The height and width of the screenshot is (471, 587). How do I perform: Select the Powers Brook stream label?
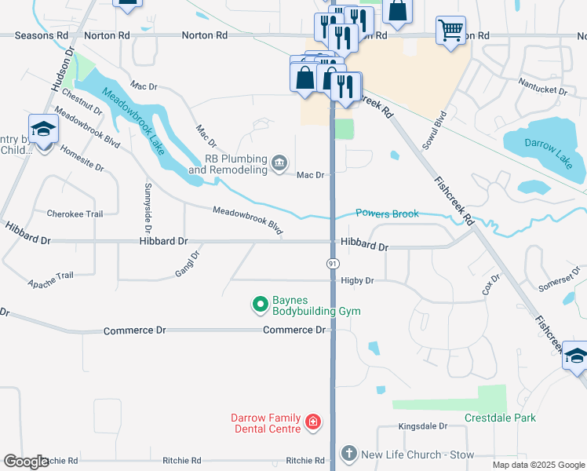click(387, 214)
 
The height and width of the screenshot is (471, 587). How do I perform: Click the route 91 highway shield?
click(332, 264)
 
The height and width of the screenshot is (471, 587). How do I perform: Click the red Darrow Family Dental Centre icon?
click(312, 423)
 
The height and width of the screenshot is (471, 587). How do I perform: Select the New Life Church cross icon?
click(348, 454)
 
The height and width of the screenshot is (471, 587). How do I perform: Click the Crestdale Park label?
click(499, 418)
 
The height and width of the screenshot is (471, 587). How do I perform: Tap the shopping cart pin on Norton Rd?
click(450, 31)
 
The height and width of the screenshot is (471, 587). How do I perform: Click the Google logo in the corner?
click(26, 462)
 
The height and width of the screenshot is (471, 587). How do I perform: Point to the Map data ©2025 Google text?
click(538, 465)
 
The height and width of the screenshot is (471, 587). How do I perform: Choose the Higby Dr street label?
click(357, 280)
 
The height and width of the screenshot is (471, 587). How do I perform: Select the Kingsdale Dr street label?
click(422, 426)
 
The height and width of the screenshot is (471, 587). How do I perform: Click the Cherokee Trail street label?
click(75, 214)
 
